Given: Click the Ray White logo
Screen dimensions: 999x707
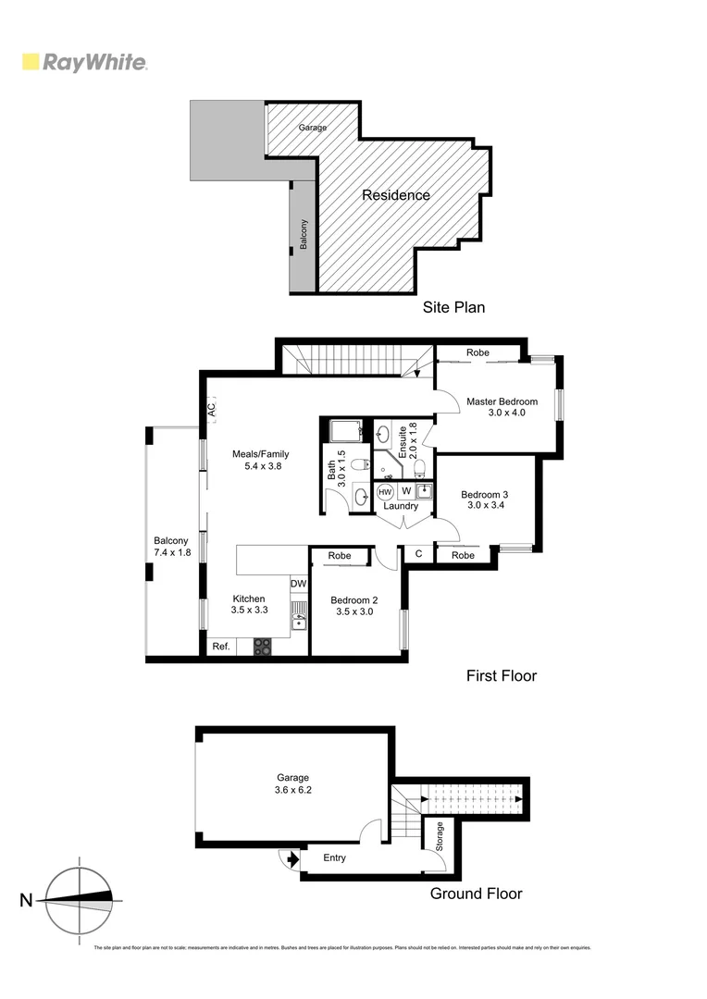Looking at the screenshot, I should tap(84, 63).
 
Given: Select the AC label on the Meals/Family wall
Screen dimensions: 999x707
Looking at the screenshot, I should tap(212, 408).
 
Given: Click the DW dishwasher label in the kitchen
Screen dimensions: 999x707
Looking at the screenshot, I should tap(298, 584).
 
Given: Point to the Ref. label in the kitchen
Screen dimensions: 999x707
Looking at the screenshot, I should tap(220, 647).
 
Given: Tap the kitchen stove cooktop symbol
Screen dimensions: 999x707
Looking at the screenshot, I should tap(263, 647).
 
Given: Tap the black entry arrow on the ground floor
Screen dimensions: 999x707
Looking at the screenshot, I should tap(292, 859).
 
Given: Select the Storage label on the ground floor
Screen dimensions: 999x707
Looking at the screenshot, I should tap(440, 836).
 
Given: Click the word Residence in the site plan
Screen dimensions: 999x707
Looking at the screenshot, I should tap(395, 195).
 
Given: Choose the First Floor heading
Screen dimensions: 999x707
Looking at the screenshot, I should tap(501, 676).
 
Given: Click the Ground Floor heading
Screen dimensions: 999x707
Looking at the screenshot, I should tap(476, 894).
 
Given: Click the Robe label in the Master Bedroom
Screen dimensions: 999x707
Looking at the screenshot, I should tap(478, 352).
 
